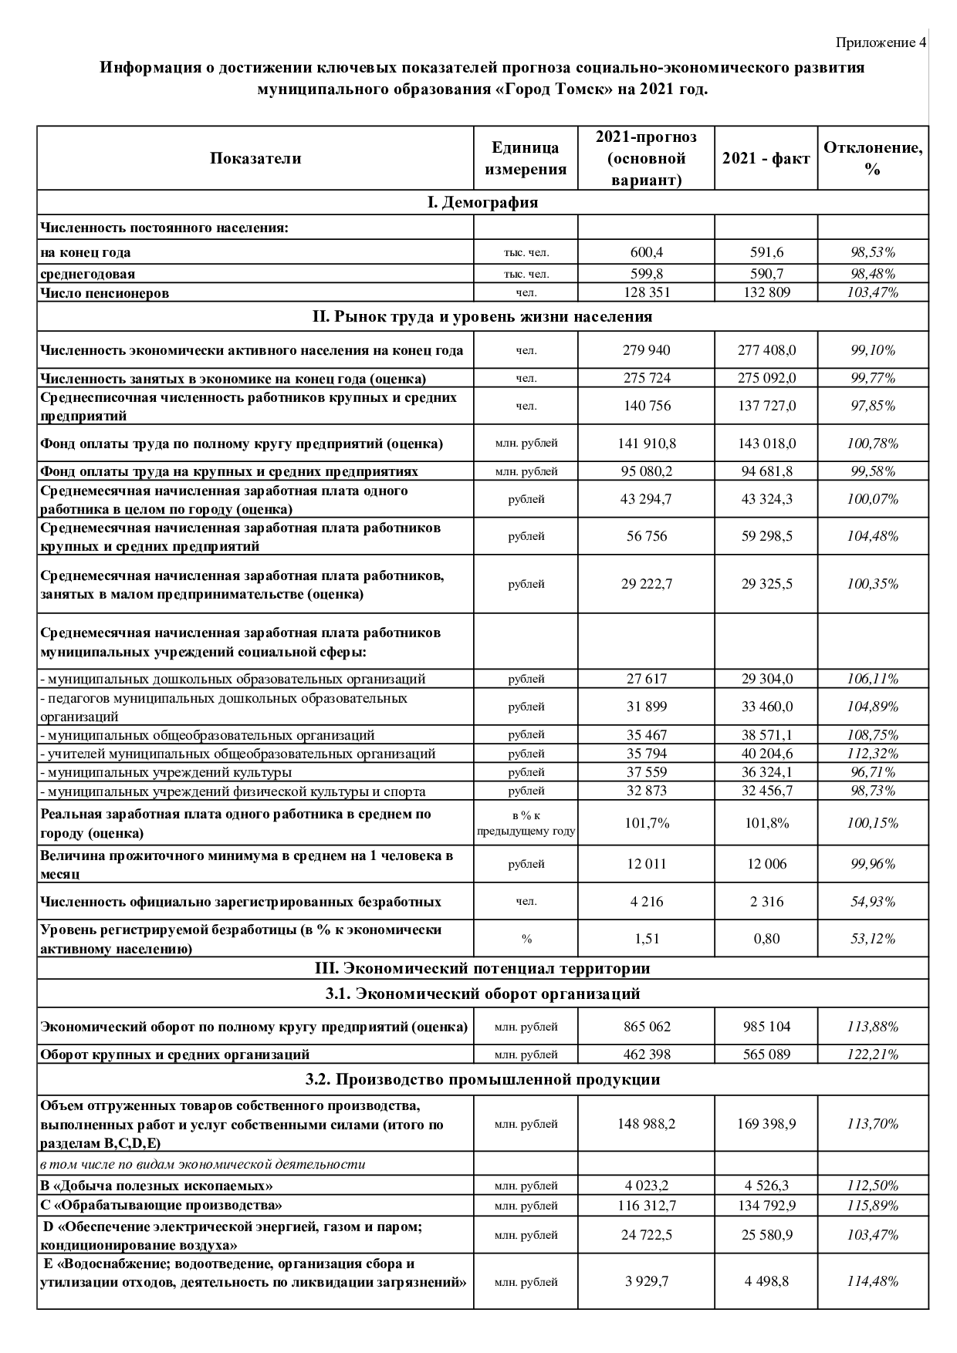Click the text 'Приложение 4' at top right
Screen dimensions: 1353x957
click(x=881, y=42)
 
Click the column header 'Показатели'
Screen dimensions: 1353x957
click(x=255, y=158)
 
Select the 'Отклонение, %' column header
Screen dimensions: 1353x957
click(x=873, y=158)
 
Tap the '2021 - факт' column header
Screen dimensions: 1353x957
click(x=766, y=158)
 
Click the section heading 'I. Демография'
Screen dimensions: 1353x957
click(x=482, y=202)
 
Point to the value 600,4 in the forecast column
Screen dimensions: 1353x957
click(x=646, y=252)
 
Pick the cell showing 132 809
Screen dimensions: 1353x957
click(x=766, y=292)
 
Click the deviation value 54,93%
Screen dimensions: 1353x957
click(x=873, y=902)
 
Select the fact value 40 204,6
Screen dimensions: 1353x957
click(x=766, y=754)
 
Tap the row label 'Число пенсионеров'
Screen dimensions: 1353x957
click(x=104, y=293)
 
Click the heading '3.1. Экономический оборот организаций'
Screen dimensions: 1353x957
click(x=482, y=994)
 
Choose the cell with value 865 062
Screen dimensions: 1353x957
click(x=646, y=1027)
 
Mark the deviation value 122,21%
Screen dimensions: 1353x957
click(x=873, y=1054)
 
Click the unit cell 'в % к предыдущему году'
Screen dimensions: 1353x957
click(x=526, y=823)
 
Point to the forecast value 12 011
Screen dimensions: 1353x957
click(x=646, y=864)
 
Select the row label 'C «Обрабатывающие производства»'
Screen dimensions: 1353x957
click(x=161, y=1205)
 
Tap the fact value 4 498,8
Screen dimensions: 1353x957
click(x=766, y=1281)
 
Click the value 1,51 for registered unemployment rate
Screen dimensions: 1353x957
click(x=646, y=939)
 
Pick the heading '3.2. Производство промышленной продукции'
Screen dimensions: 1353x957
click(x=482, y=1079)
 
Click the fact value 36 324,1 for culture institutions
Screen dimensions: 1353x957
click(x=766, y=772)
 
